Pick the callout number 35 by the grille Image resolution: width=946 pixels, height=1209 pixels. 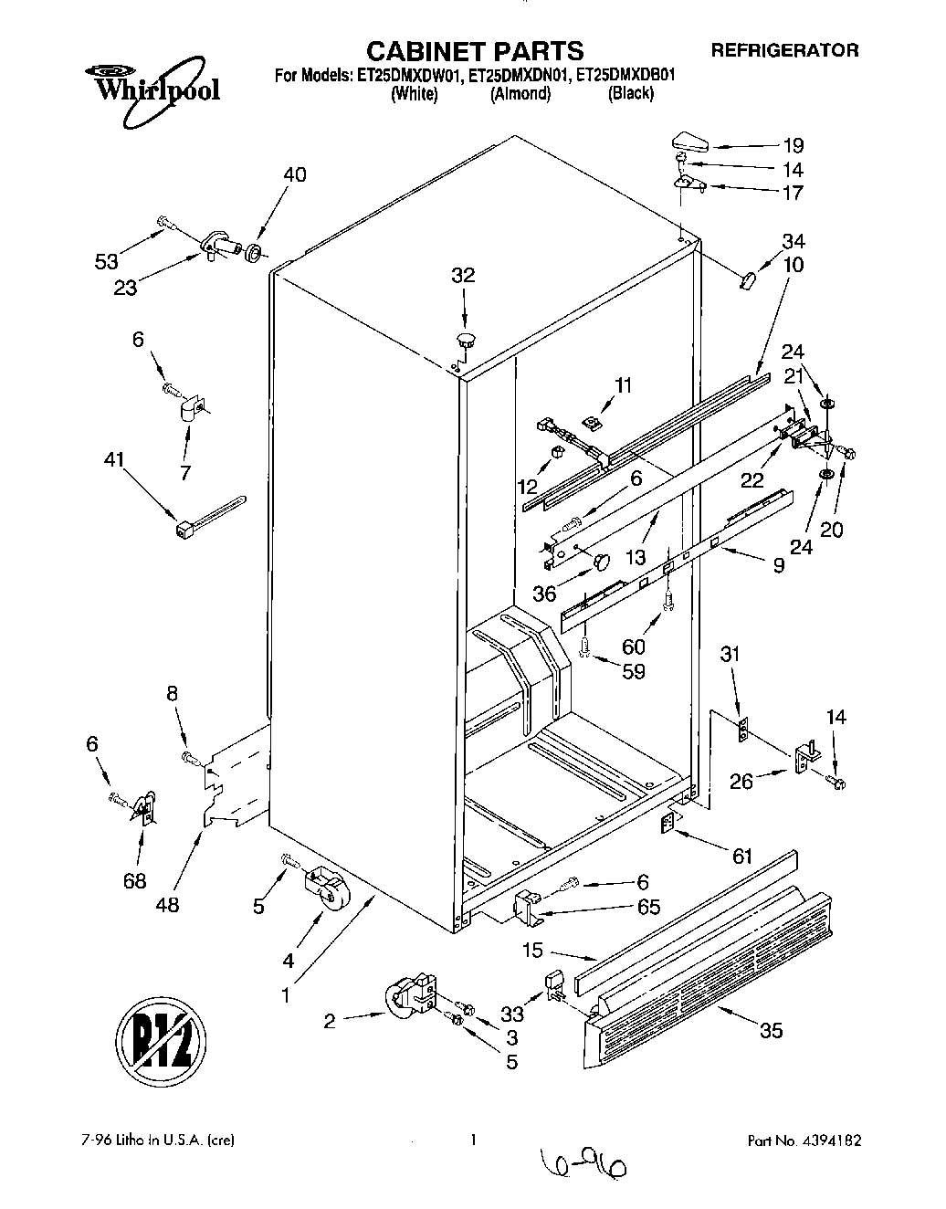771,1031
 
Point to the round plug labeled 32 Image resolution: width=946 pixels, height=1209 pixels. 467,341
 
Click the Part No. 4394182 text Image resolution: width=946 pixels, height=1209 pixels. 804,1141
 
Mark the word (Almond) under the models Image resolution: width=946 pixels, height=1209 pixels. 520,94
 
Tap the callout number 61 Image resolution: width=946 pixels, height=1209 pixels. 741,856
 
